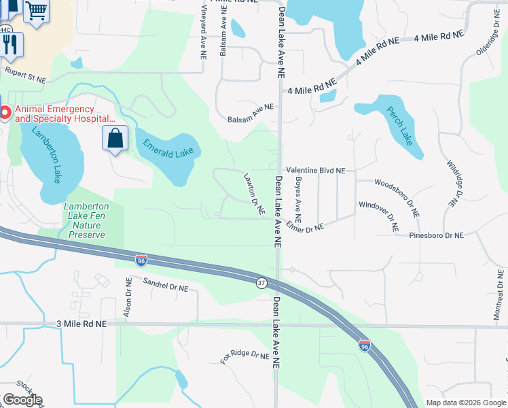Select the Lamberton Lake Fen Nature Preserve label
pos(86,220)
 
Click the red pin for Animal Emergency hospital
pos(5,113)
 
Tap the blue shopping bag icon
pos(115,139)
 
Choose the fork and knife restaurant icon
pos(10,44)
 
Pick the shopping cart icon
pos(37,10)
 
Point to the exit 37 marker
pos(261,282)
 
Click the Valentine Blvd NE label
pos(316,171)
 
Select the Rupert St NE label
pos(26,71)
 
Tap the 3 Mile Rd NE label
pos(81,324)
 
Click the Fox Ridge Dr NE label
pos(245,354)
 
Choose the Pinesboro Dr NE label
pos(436,235)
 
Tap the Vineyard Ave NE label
pos(204,34)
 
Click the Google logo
pos(23,400)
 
